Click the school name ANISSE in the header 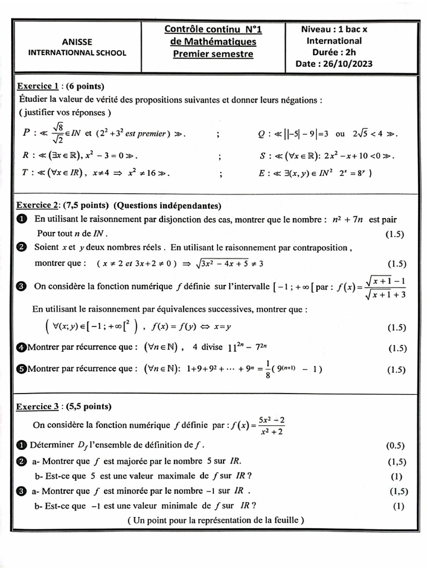pyautogui.click(x=77, y=42)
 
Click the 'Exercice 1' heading pyautogui.click(x=38, y=86)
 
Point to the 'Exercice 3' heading pyautogui.click(x=38, y=406)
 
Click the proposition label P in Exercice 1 pyautogui.click(x=26, y=134)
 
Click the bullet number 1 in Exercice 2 pyautogui.click(x=22, y=220)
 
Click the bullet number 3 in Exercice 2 pyautogui.click(x=22, y=287)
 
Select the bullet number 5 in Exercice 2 pyautogui.click(x=22, y=368)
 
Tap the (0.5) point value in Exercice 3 pyautogui.click(x=395, y=446)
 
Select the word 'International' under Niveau pyautogui.click(x=334, y=41)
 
